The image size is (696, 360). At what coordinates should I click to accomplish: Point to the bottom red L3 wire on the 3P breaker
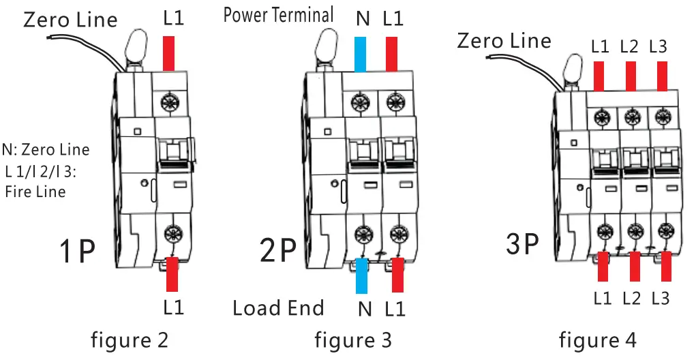point(666,266)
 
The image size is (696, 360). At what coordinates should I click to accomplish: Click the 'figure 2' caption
point(130,339)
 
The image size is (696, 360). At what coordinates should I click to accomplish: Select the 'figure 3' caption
point(353,339)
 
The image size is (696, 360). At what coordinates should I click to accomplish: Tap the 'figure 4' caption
point(598,339)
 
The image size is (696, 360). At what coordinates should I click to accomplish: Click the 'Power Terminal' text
point(278,14)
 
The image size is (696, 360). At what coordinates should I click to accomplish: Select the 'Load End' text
point(278,308)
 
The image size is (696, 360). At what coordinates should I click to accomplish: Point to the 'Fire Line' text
point(35,192)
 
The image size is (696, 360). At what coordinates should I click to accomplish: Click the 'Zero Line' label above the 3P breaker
point(504,40)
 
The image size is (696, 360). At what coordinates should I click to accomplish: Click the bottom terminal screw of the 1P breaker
point(170,230)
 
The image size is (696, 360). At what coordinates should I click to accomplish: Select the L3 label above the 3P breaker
point(658,47)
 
